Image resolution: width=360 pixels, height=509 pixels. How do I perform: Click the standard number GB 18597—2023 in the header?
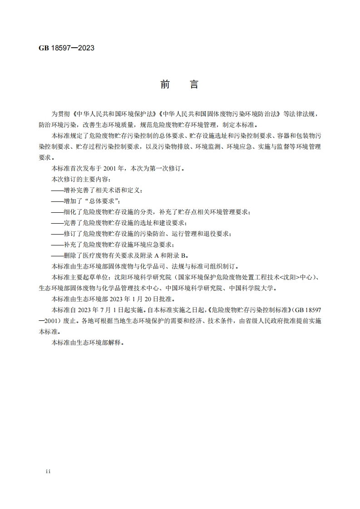66,48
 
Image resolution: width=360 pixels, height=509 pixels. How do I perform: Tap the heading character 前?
165,85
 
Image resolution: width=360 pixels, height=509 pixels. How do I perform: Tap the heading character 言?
194,85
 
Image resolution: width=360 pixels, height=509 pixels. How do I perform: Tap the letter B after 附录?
183,254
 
